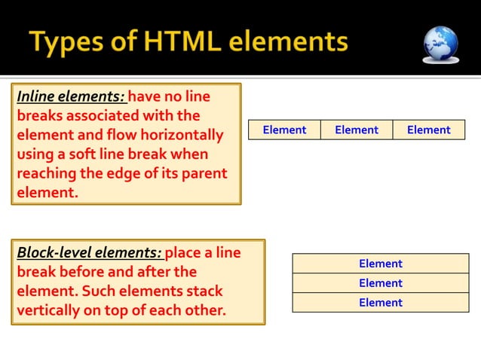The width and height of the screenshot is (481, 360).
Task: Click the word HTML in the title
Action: coord(168,42)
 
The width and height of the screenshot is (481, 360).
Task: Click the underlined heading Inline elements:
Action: coord(71,96)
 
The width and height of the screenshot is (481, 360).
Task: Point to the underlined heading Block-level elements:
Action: coord(89,252)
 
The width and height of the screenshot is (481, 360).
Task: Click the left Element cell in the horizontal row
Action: coord(284,130)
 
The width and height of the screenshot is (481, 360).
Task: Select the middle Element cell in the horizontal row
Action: coord(357,130)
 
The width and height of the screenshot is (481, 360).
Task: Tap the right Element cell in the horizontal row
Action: coord(428,130)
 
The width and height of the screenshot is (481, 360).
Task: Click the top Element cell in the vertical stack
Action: coord(381,264)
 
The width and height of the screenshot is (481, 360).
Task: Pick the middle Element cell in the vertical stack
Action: coord(381,283)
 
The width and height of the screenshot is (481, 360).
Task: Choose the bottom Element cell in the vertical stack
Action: coord(381,303)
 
